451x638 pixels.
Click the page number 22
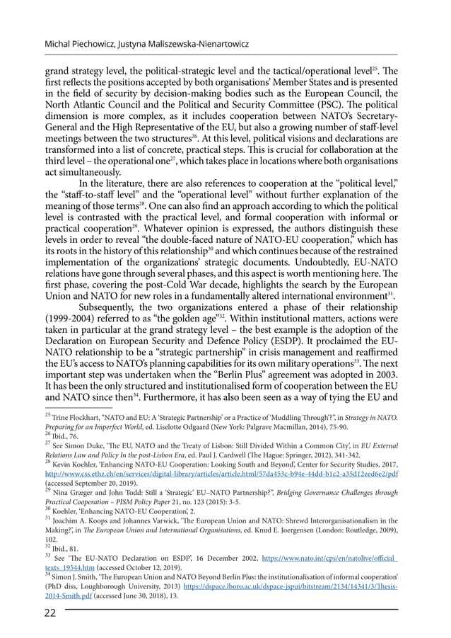coord(52,613)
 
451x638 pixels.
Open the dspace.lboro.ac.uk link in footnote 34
coord(291,586)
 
